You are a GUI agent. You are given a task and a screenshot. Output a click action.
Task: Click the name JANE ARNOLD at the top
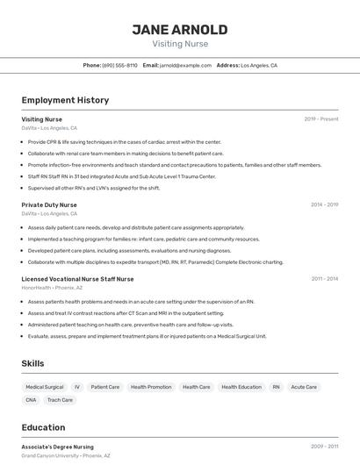[179, 29]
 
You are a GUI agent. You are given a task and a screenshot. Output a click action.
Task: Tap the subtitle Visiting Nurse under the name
[179, 44]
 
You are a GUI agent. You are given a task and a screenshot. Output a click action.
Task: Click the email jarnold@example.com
[185, 66]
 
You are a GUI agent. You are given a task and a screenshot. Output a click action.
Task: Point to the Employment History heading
[65, 100]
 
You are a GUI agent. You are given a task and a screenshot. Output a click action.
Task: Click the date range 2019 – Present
[321, 119]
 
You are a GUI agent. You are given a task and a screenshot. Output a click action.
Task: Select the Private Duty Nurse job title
[49, 204]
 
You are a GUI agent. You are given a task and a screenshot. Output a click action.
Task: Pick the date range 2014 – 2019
[324, 204]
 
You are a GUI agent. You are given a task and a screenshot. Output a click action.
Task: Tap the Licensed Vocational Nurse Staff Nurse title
[77, 279]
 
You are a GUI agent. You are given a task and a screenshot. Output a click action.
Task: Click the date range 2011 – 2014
[324, 279]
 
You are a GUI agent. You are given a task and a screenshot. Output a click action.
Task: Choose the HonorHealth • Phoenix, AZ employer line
[52, 288]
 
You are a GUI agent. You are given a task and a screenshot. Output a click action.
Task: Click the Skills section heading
[32, 363]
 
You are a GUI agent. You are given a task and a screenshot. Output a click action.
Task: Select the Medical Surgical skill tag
[44, 387]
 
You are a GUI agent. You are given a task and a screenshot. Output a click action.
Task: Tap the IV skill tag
[77, 387]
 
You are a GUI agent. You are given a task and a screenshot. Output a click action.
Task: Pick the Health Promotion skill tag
[151, 387]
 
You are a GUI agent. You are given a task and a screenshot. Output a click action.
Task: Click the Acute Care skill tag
[304, 387]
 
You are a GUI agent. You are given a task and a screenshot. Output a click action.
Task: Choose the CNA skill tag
[32, 400]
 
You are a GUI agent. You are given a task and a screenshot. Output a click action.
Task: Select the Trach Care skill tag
[60, 400]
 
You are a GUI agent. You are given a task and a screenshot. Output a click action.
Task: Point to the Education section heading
[43, 427]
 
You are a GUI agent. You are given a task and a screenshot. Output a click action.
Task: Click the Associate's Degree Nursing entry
[57, 447]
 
